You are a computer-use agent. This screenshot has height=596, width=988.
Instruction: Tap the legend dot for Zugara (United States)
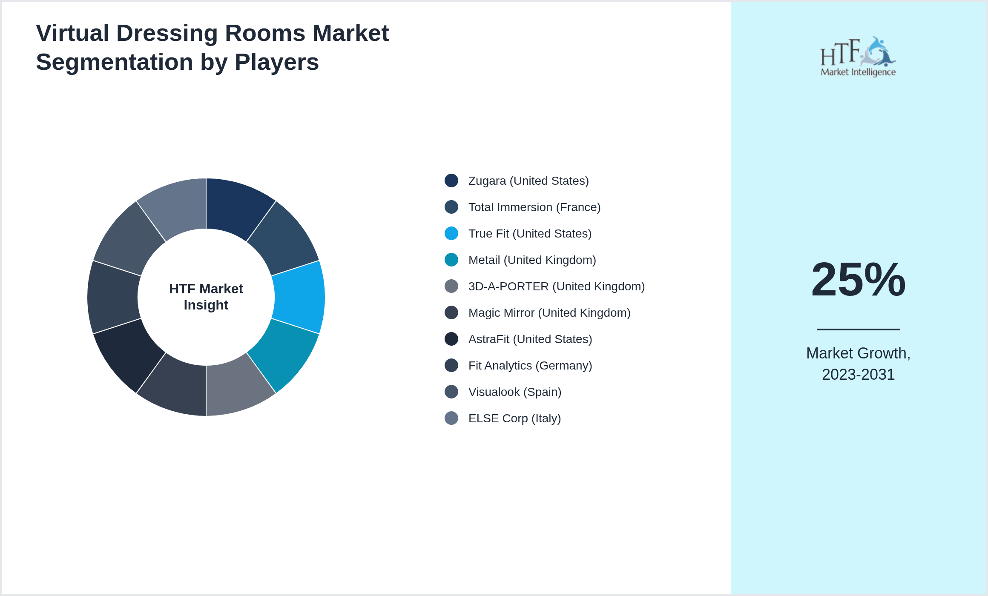coord(451,181)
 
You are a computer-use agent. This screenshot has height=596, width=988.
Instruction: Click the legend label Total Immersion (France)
coord(534,207)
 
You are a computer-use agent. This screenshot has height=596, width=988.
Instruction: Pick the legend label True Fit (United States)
coord(530,234)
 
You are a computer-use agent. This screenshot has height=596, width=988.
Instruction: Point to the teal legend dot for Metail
coord(451,260)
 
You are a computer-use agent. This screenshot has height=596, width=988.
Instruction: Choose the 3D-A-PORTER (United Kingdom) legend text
coord(556,287)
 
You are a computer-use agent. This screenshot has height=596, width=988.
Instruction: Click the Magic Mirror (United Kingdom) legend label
coord(549,313)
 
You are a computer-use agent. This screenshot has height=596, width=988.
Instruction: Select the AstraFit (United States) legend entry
coord(530,339)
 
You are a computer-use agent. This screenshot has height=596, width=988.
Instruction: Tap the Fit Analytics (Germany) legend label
coord(530,366)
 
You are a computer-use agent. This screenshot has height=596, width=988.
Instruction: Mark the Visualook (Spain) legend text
coord(514,392)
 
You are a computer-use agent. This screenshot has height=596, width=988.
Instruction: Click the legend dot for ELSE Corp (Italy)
coord(451,418)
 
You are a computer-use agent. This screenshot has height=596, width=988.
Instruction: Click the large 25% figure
coord(858,280)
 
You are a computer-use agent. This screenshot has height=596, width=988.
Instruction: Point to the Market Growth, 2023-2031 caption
coord(858,364)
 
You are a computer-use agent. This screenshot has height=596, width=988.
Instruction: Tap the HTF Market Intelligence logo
coord(858,57)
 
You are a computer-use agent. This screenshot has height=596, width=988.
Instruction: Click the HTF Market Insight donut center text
coord(206,297)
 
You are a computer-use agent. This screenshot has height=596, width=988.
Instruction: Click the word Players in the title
coord(276,62)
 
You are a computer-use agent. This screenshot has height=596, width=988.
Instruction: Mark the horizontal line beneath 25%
coord(858,329)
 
